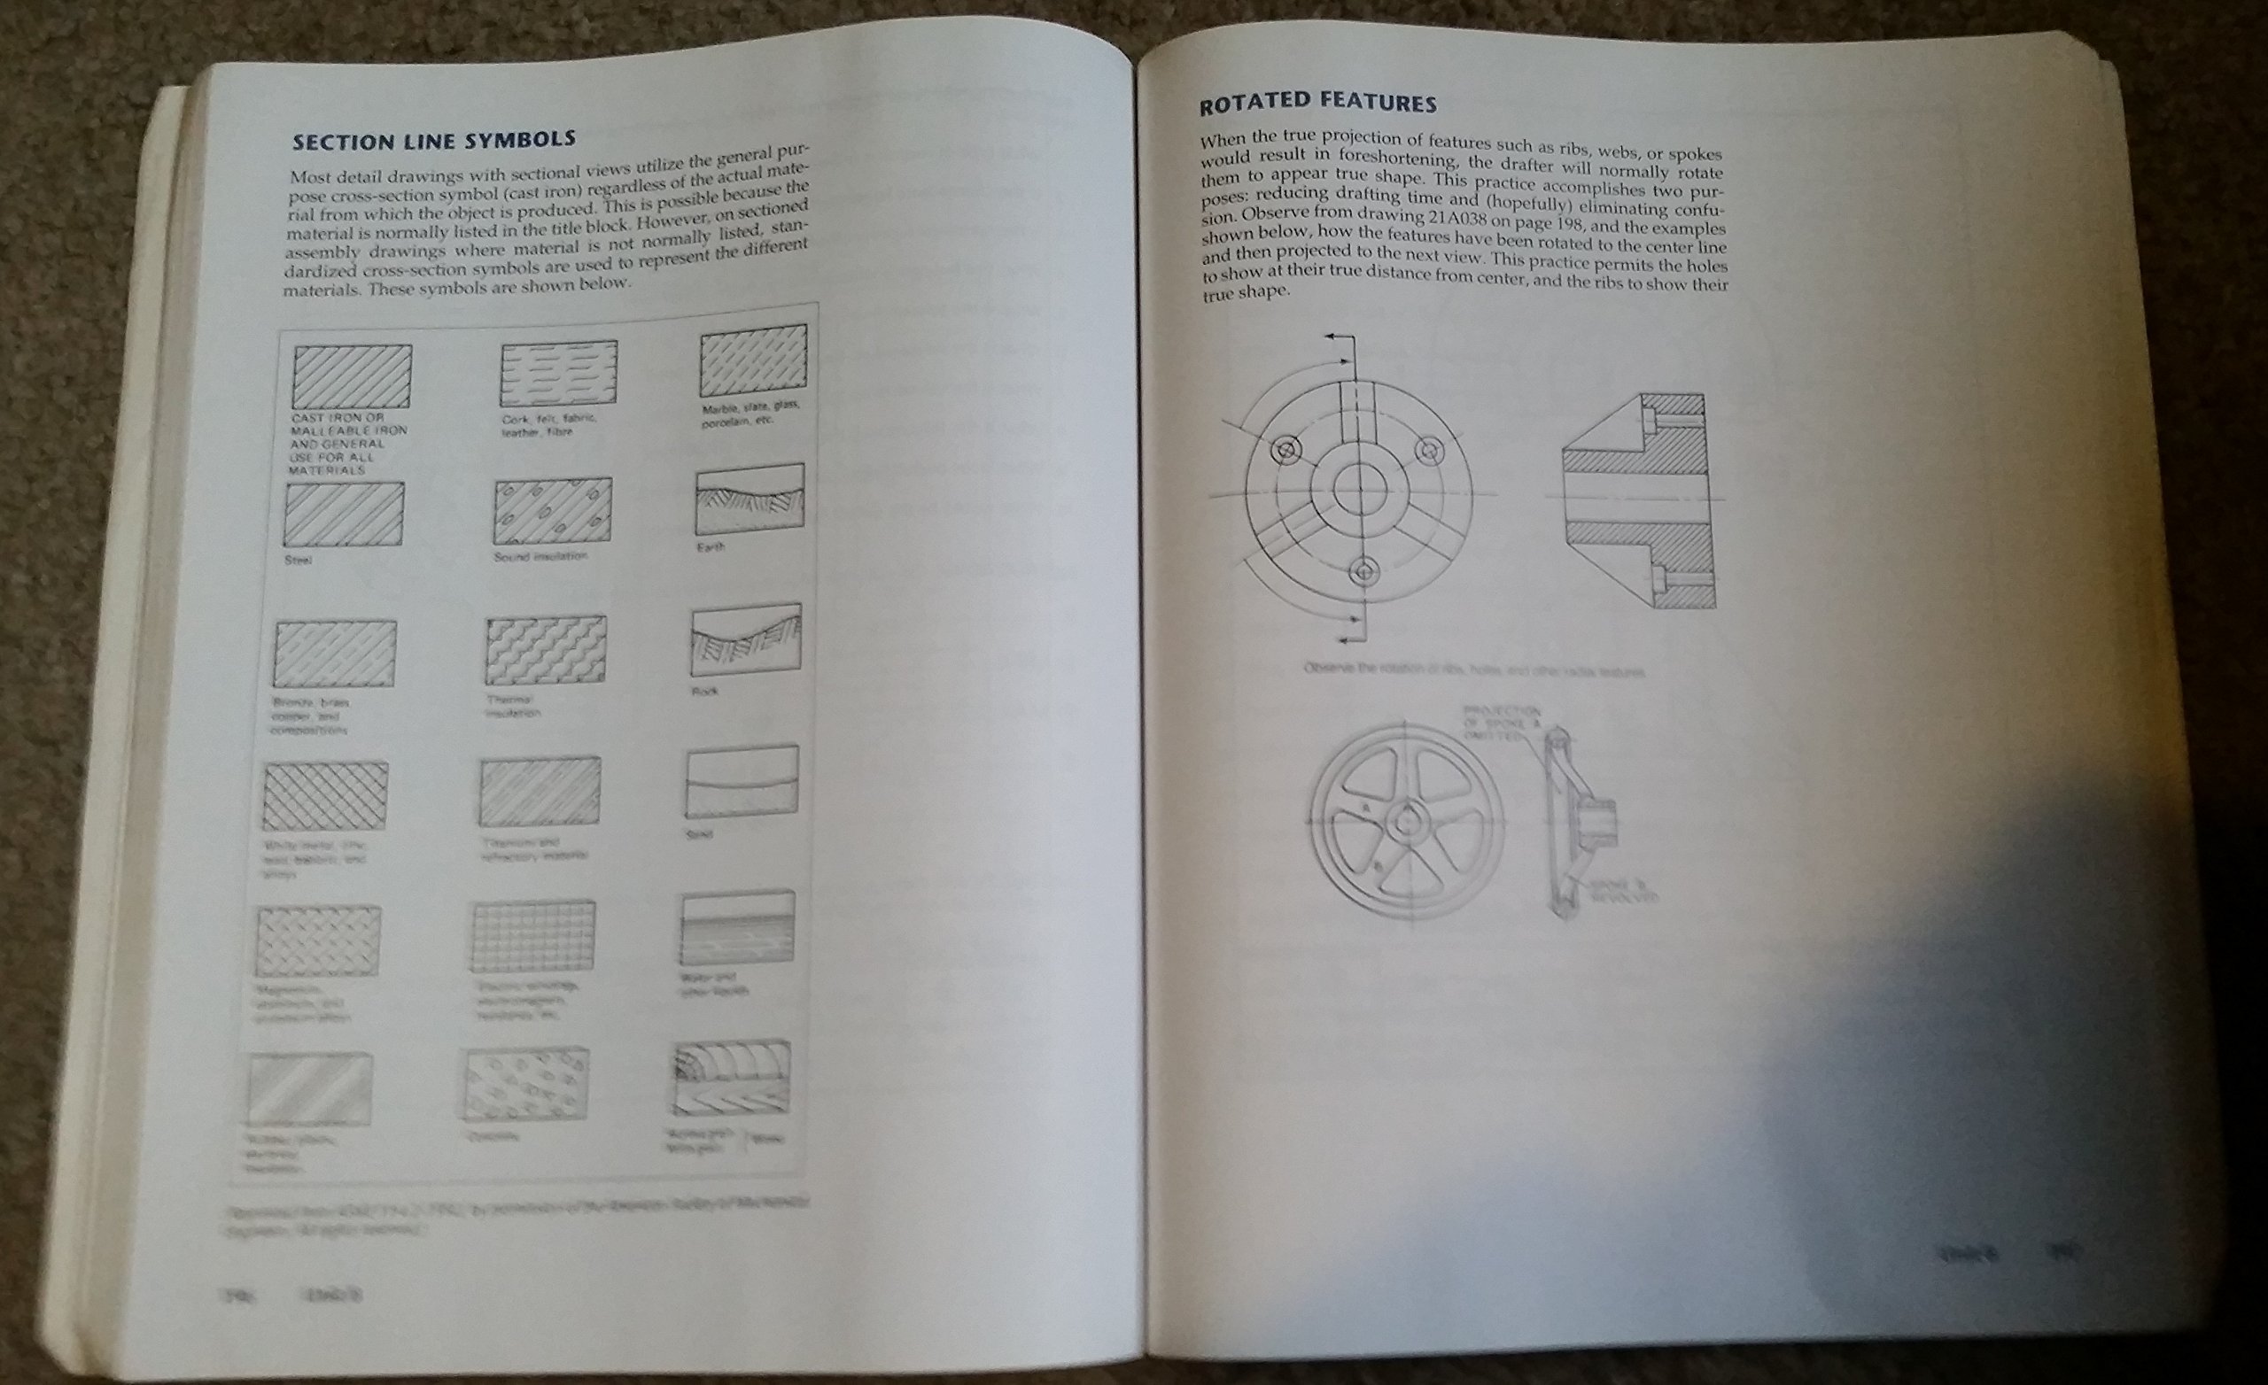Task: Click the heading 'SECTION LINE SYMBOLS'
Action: pyautogui.click(x=433, y=141)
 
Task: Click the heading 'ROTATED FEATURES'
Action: pyautogui.click(x=1317, y=103)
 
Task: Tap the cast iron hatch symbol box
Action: pyautogui.click(x=353, y=376)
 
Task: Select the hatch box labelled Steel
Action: pyautogui.click(x=344, y=515)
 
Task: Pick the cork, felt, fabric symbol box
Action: pyautogui.click(x=559, y=373)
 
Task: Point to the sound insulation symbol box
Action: pyautogui.click(x=553, y=511)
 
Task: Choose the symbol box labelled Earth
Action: pyautogui.click(x=750, y=498)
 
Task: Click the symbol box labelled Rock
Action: pyautogui.click(x=746, y=638)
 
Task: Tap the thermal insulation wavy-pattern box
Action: pyautogui.click(x=546, y=651)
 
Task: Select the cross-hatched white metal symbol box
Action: pyautogui.click(x=325, y=796)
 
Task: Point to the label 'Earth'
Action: pyautogui.click(x=711, y=546)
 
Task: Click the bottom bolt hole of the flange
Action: pyautogui.click(x=1364, y=572)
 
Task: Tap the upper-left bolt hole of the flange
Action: pyautogui.click(x=1285, y=450)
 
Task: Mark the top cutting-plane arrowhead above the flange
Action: pyautogui.click(x=1332, y=338)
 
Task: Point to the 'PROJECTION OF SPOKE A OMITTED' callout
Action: pyautogui.click(x=1503, y=722)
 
